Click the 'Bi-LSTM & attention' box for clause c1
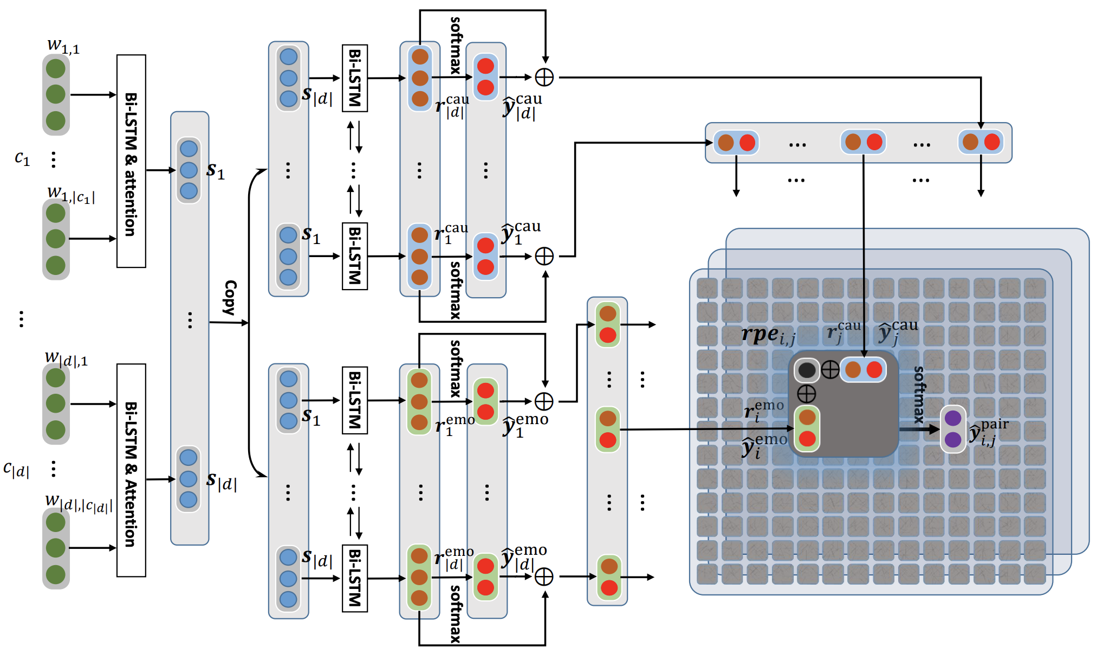(x=131, y=161)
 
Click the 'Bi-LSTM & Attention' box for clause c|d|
(x=131, y=470)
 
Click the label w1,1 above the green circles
(x=63, y=46)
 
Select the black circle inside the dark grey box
(x=807, y=370)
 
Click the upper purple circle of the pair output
(x=952, y=418)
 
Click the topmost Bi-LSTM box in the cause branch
(x=355, y=78)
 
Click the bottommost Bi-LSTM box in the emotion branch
(x=355, y=578)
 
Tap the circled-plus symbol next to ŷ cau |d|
(x=544, y=78)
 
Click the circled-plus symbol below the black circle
(x=807, y=394)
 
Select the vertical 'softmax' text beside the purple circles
(x=919, y=394)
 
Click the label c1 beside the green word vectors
(x=22, y=158)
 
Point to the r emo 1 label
(x=454, y=425)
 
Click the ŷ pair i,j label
(x=989, y=432)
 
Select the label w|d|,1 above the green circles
(x=66, y=358)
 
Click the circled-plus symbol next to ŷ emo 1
(x=544, y=401)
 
